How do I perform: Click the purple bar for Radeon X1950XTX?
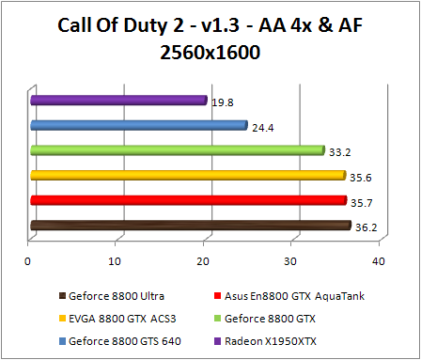pyautogui.click(x=117, y=99)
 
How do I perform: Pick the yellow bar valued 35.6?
pyautogui.click(x=187, y=175)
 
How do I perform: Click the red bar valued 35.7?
pyautogui.click(x=187, y=200)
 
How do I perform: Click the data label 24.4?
pyautogui.click(x=262, y=124)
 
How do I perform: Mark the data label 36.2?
pyautogui.click(x=366, y=226)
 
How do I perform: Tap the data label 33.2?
pyautogui.click(x=339, y=149)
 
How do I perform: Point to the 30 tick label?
pyautogui.click(x=290, y=259)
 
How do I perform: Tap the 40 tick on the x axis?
pyautogui.click(x=378, y=259)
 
